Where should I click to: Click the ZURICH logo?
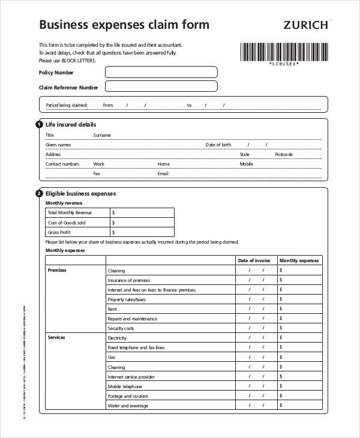pyautogui.click(x=305, y=25)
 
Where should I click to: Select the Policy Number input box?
pyautogui.click(x=161, y=73)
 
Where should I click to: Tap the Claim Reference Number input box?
pyautogui.click(x=161, y=87)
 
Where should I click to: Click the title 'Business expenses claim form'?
pyautogui.click(x=124, y=25)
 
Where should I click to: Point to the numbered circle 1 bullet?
pyautogui.click(x=40, y=124)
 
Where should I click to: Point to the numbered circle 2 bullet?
pyautogui.click(x=40, y=194)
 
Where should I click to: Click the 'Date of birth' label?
pyautogui.click(x=218, y=145)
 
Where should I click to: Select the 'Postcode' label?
pyautogui.click(x=284, y=154)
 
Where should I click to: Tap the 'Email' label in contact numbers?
pyautogui.click(x=163, y=173)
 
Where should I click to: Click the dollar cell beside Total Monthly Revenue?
pyautogui.click(x=142, y=212)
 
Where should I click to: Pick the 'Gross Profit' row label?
pyautogui.click(x=59, y=232)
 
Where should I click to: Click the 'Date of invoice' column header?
pyautogui.click(x=254, y=260)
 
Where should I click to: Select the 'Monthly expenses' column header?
pyautogui.click(x=299, y=260)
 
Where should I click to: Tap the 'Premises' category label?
pyautogui.click(x=56, y=270)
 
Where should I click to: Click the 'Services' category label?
pyautogui.click(x=56, y=337)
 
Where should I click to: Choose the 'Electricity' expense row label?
pyautogui.click(x=117, y=338)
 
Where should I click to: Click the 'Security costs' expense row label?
pyautogui.click(x=121, y=328)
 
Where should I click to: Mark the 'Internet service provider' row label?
pyautogui.click(x=131, y=377)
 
